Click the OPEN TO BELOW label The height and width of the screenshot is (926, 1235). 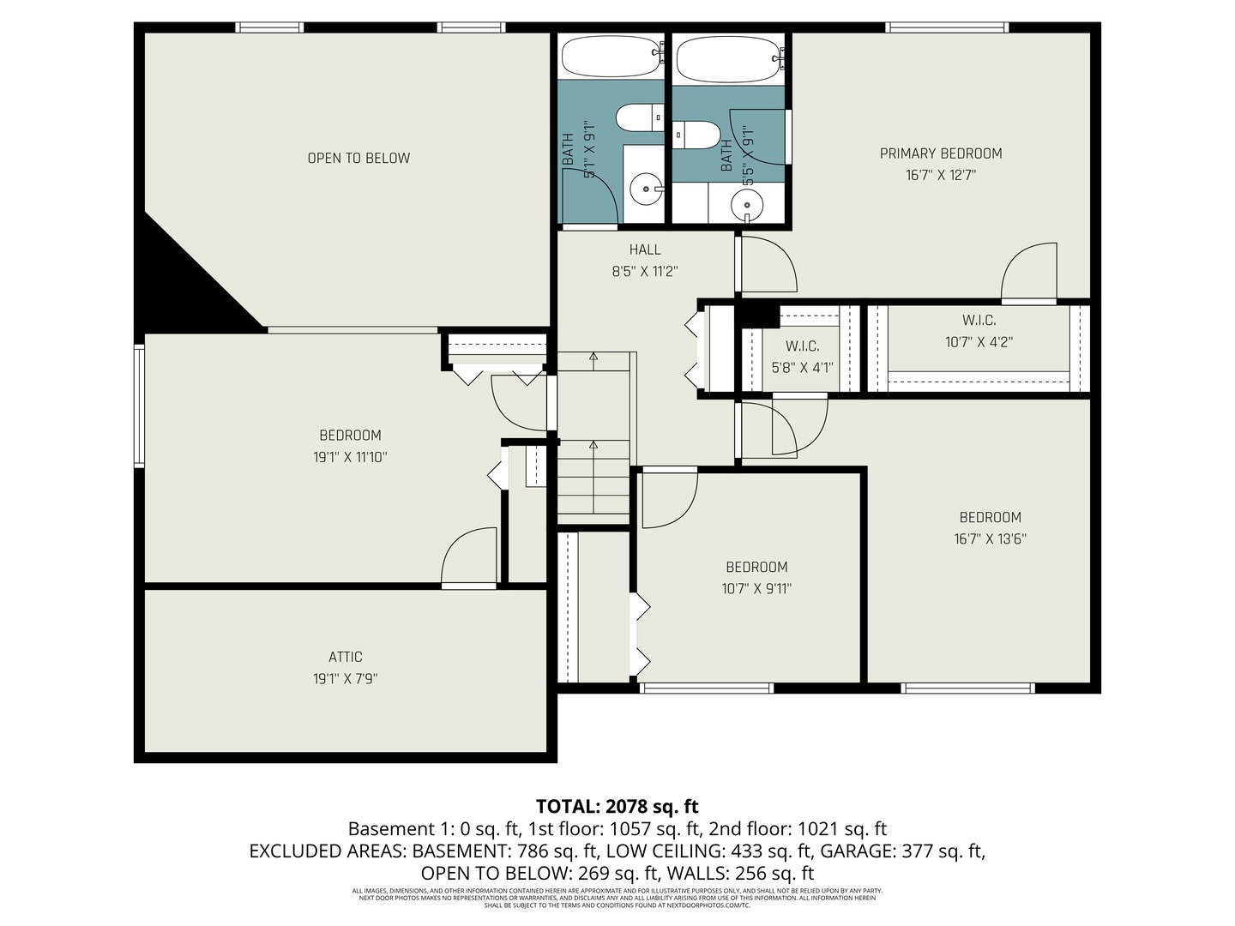358,158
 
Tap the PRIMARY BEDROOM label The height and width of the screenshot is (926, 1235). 941,153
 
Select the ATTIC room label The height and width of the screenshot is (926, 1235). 346,657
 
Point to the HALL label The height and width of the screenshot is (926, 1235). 645,250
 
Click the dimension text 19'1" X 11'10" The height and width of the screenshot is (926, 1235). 350,457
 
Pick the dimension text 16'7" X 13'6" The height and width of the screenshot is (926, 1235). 990,539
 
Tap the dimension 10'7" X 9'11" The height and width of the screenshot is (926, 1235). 756,589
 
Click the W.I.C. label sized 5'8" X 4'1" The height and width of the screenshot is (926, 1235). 802,346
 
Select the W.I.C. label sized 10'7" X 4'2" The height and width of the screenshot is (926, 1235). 979,321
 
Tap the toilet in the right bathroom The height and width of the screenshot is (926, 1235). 696,135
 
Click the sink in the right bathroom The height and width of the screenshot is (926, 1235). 747,206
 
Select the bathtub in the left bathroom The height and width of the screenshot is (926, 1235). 611,57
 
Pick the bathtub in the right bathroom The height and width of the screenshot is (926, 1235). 728,58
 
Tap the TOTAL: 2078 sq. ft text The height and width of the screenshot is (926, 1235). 617,806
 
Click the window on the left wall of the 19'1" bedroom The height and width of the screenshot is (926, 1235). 139,406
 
